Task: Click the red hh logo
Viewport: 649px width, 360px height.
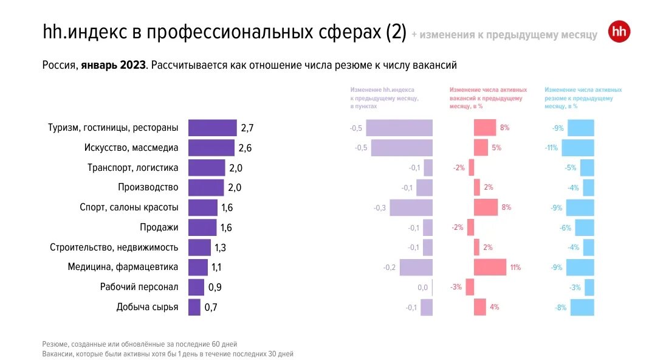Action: (619, 32)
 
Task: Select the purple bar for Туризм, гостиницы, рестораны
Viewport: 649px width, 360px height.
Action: (212, 128)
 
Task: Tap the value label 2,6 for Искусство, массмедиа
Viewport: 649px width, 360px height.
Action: (245, 148)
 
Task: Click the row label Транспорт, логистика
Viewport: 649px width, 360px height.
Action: (132, 168)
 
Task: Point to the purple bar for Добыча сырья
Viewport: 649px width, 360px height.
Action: (194, 307)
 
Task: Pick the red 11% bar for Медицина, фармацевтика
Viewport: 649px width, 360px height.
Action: (489, 268)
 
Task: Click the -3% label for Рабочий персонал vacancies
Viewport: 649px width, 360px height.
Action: (456, 287)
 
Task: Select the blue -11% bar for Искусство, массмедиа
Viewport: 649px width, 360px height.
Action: (577, 148)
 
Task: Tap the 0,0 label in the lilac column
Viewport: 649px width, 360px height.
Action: (422, 288)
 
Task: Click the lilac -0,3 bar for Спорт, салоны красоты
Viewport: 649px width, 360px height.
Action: (411, 207)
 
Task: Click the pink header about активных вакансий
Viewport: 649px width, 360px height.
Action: (488, 98)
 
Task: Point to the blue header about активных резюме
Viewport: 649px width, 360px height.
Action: (583, 98)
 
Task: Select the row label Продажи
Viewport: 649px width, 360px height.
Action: (159, 227)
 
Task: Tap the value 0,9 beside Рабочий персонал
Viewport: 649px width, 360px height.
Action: (215, 288)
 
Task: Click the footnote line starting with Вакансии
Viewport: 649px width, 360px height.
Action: (168, 353)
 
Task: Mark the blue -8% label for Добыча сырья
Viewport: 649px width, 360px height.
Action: (560, 308)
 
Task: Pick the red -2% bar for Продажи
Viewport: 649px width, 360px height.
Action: (470, 227)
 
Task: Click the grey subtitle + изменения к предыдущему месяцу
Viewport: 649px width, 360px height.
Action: (504, 35)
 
